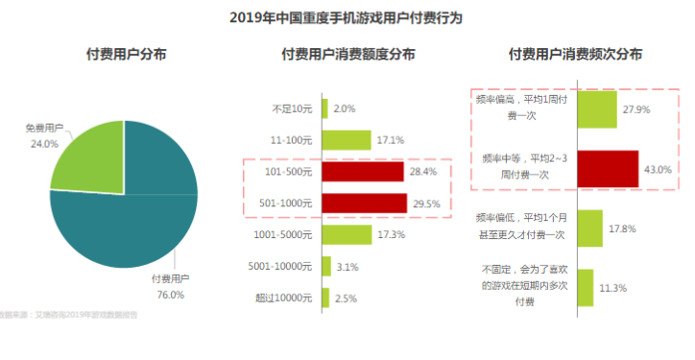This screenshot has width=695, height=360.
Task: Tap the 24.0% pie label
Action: [44, 143]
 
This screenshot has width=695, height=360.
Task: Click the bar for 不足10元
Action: [324, 108]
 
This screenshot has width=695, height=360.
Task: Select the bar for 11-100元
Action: [332, 140]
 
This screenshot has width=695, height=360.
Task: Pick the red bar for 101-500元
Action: [362, 172]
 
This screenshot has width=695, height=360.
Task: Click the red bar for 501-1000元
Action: [364, 204]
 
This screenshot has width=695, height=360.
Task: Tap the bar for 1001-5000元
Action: [333, 234]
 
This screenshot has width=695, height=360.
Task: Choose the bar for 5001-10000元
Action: [326, 266]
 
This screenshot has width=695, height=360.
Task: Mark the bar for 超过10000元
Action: [325, 298]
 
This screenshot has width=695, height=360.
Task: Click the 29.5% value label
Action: [424, 204]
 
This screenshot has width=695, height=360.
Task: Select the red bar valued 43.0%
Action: [607, 169]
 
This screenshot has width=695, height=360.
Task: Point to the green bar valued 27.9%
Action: [596, 109]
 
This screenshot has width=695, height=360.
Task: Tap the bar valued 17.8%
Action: [589, 228]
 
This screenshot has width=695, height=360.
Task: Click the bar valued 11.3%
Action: [585, 287]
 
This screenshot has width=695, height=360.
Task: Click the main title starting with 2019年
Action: [347, 16]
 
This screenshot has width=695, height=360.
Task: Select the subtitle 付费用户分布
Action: [126, 55]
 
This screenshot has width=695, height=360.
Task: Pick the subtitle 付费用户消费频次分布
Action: [575, 55]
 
